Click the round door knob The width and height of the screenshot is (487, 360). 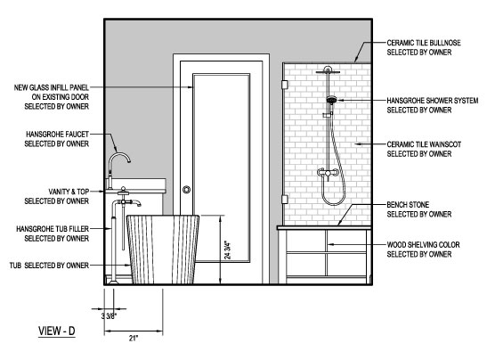tap(186, 189)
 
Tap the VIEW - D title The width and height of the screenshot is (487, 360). tap(57, 331)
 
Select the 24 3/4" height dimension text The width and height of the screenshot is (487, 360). tap(228, 250)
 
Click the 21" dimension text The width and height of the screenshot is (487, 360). tap(134, 338)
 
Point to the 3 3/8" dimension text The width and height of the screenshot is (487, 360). tap(109, 316)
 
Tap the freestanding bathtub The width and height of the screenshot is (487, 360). tap(163, 250)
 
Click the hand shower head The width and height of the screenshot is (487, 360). tap(332, 100)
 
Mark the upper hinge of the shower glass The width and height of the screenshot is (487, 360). tap(284, 85)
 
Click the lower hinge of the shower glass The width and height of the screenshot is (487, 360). tap(284, 200)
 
